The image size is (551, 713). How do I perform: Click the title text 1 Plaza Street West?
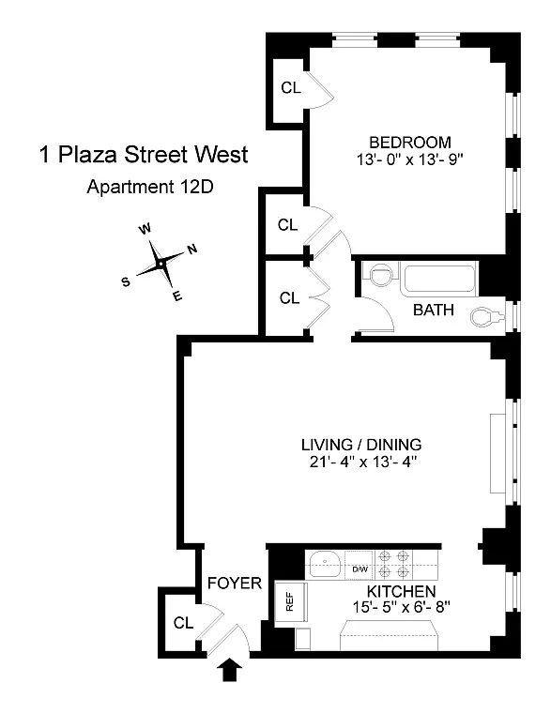(144, 154)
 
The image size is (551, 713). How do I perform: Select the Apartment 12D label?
(150, 186)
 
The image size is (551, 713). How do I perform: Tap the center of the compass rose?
(161, 265)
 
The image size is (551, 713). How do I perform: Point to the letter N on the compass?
(191, 250)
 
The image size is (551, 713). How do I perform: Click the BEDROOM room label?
(404, 142)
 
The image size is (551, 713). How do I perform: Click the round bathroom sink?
(379, 276)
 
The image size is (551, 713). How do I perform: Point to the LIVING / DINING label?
(361, 444)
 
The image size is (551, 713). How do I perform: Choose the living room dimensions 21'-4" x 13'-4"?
(361, 462)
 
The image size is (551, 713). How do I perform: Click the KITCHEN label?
(401, 591)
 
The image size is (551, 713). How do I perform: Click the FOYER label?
(235, 584)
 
